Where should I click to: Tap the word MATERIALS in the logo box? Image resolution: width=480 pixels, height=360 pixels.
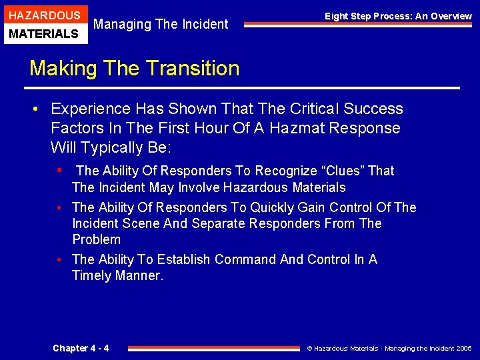click(44, 33)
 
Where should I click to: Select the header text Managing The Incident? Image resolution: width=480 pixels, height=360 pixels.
click(161, 25)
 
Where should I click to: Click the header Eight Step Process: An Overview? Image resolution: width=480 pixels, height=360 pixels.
click(398, 16)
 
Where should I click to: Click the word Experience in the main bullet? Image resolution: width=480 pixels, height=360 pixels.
click(90, 109)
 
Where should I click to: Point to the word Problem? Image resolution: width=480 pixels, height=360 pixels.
click(97, 239)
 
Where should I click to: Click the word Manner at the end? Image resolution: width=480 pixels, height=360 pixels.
click(139, 275)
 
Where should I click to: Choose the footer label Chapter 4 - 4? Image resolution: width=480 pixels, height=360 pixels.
click(81, 348)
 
